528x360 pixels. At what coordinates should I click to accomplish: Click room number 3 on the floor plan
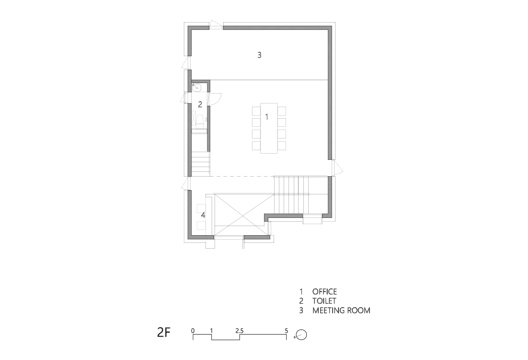click(x=259, y=55)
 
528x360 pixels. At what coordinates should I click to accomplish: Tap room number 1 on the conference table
click(x=267, y=117)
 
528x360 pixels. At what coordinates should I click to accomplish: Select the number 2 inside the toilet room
click(x=200, y=104)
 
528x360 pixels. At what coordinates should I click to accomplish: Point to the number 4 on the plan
click(x=203, y=215)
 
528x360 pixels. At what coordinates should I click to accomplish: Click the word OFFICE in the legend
click(x=324, y=292)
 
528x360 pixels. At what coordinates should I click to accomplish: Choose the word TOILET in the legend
click(x=324, y=301)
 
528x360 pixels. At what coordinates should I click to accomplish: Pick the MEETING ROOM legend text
click(x=341, y=310)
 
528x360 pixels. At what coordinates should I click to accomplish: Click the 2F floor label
click(x=164, y=333)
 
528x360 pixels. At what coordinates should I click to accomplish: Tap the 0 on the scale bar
click(x=193, y=331)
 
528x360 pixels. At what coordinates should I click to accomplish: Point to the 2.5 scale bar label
click(x=240, y=331)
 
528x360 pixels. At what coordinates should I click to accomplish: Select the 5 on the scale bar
click(x=287, y=331)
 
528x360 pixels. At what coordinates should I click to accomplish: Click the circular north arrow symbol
click(x=301, y=335)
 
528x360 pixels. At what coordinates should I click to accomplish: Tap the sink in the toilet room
click(x=197, y=87)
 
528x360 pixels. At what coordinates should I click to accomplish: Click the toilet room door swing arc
click(x=217, y=99)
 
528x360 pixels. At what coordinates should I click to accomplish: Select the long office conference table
click(x=269, y=128)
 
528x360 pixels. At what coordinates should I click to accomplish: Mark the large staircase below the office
click(x=291, y=195)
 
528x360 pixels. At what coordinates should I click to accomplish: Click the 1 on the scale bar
click(x=212, y=331)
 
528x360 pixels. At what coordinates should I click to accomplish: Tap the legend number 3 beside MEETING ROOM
click(x=301, y=310)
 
